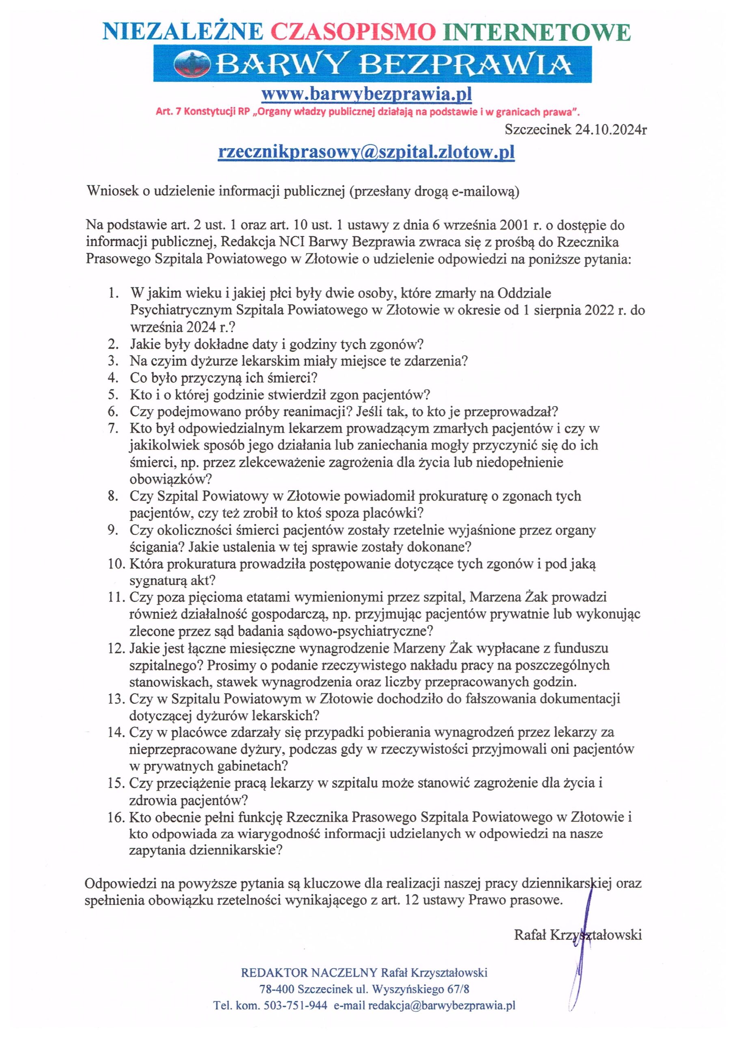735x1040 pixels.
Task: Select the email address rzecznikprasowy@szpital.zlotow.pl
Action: [366, 152]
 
